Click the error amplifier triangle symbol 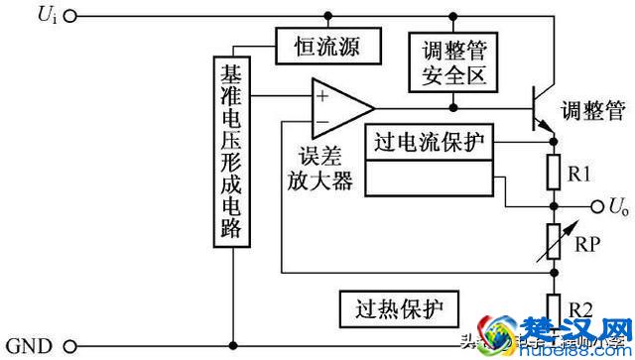[338, 107]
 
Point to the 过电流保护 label [429, 141]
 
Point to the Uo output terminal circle [597, 207]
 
